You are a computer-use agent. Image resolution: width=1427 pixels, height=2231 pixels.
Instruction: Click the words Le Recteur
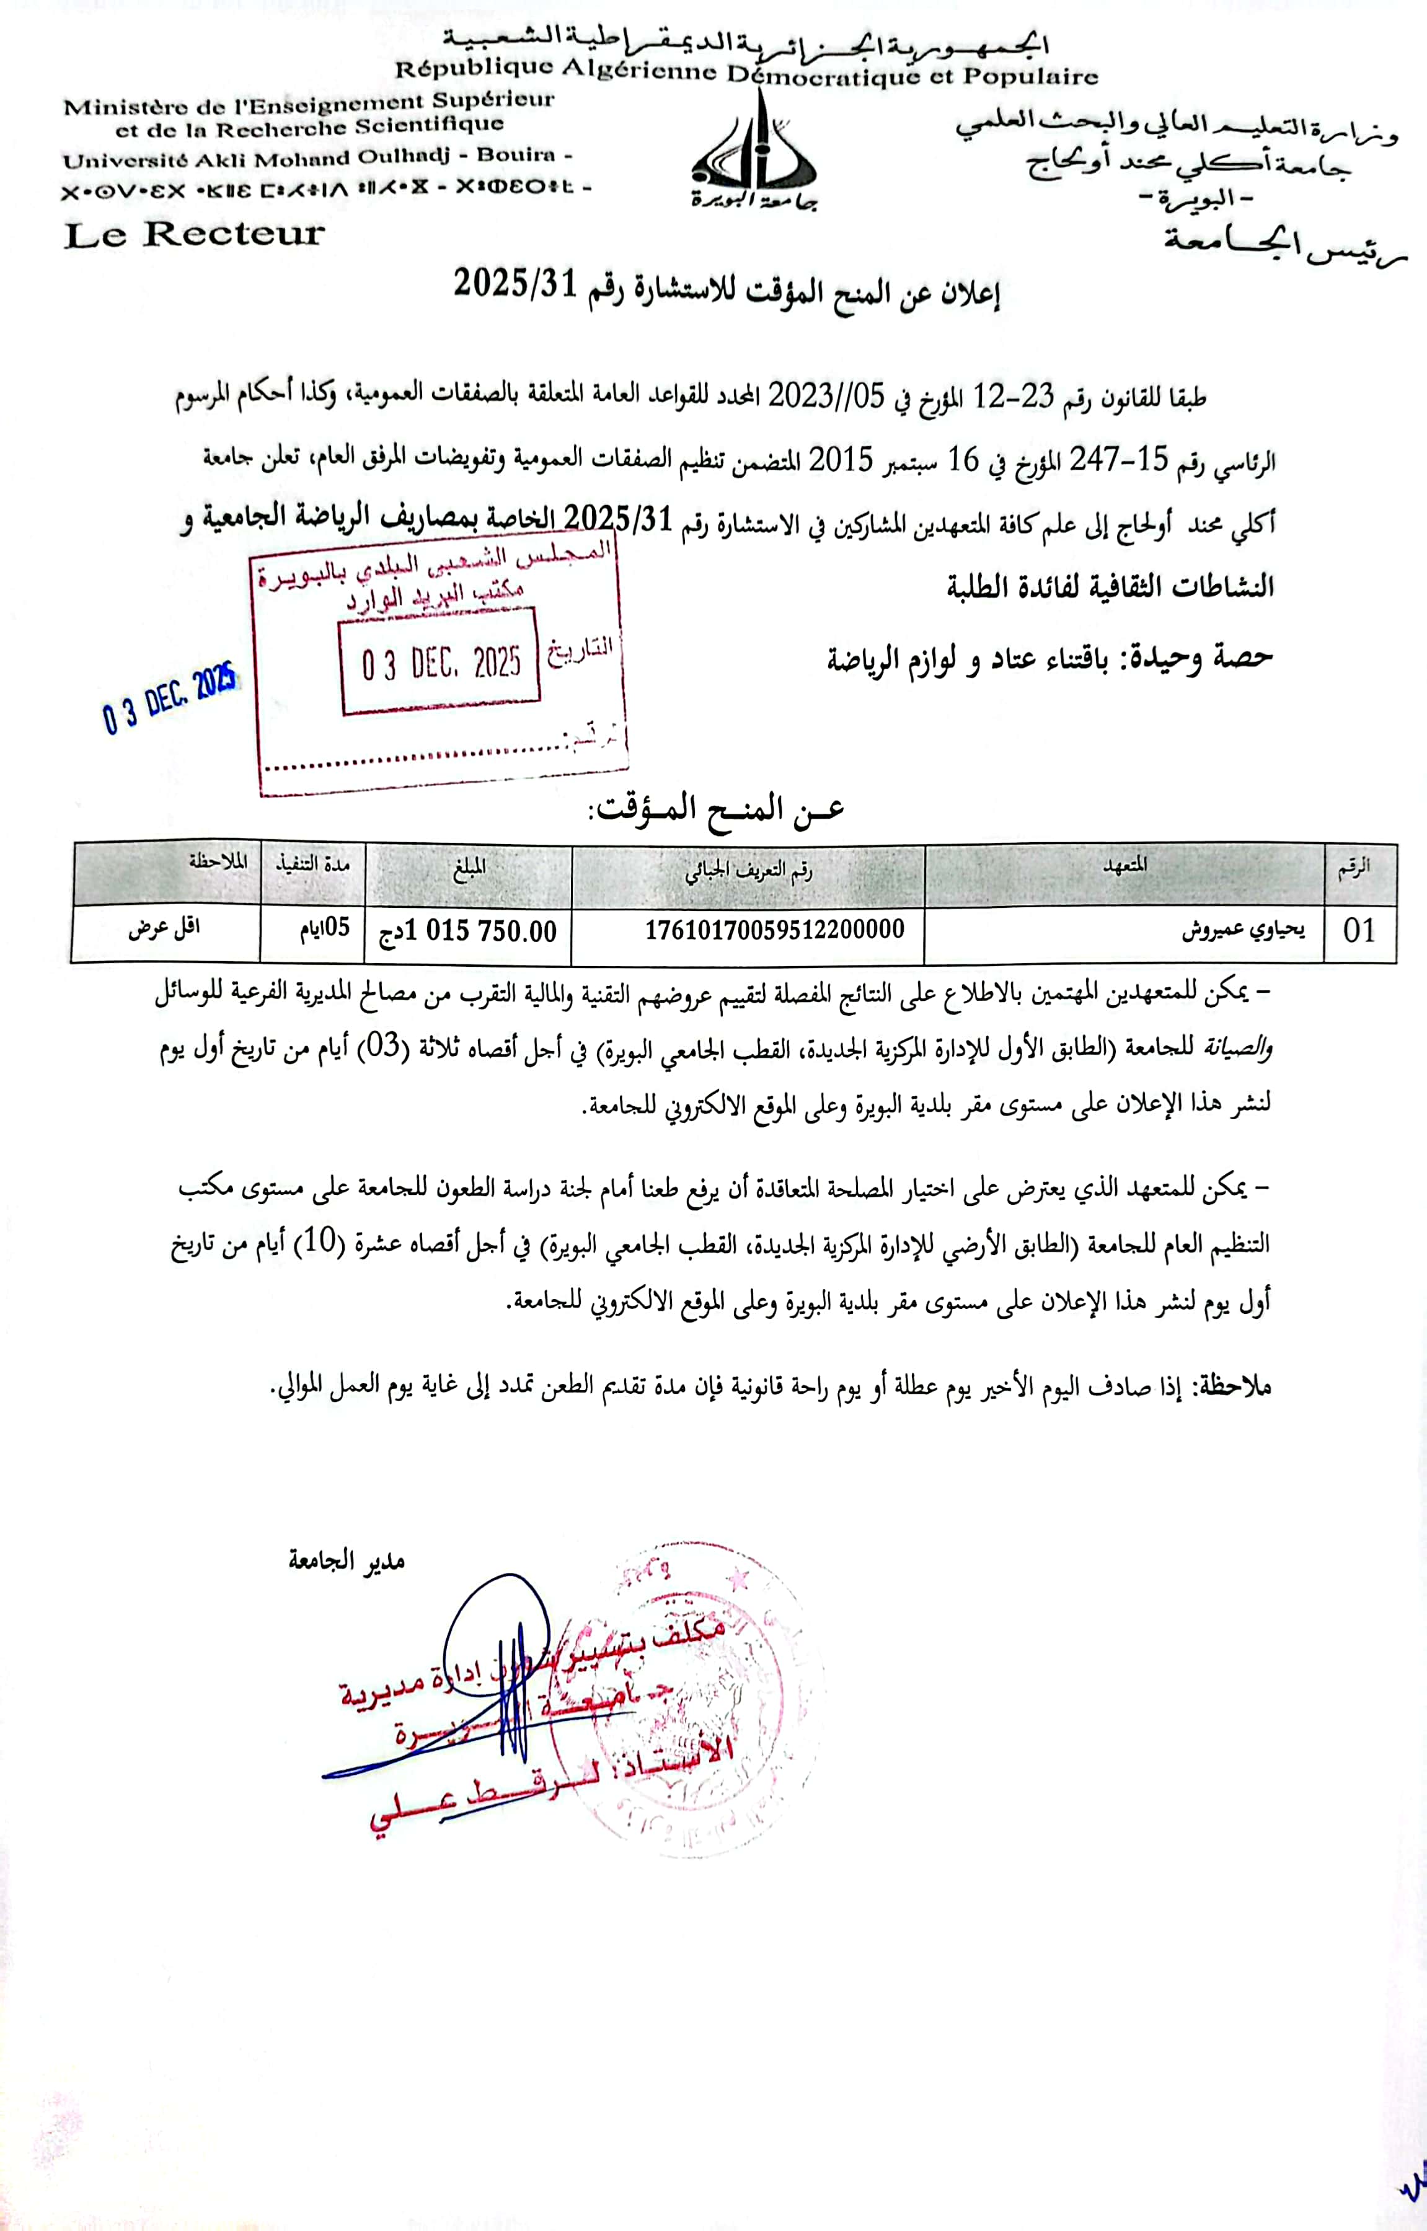click(195, 234)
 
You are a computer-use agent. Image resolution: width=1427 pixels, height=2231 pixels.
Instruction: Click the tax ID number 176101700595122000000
click(775, 928)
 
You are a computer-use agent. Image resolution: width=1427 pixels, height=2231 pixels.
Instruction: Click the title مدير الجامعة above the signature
click(347, 1560)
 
